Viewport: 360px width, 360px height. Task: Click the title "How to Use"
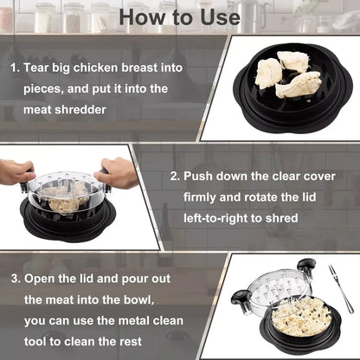[180, 16]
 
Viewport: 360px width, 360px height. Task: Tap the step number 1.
[14, 67]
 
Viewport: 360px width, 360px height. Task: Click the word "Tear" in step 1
[38, 67]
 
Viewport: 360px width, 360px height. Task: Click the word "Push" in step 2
[201, 175]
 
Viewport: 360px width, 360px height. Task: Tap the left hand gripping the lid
[16, 170]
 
